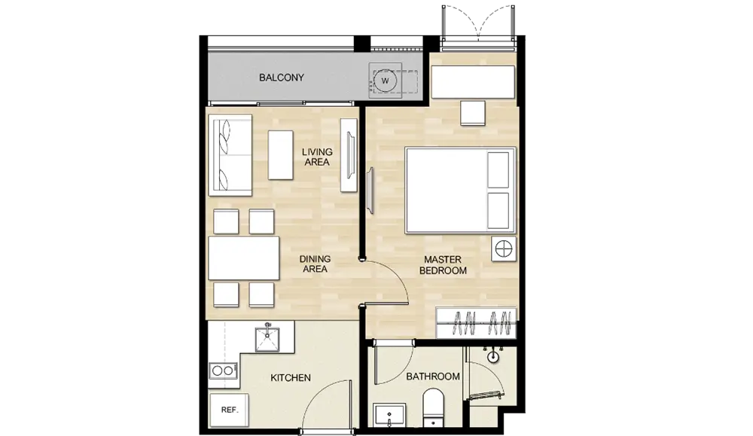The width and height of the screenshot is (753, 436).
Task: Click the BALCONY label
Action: point(282,78)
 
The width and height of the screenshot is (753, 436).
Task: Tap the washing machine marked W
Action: point(385,81)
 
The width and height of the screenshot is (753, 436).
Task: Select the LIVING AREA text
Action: point(317,157)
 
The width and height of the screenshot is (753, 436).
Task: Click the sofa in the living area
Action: point(230,155)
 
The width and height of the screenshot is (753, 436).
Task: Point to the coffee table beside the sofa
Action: point(280,155)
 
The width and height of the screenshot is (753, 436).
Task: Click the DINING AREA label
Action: point(315,264)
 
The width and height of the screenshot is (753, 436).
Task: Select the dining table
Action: point(244,258)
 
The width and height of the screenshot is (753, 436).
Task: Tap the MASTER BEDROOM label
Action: point(443,265)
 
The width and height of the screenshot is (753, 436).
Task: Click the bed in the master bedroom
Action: point(460,191)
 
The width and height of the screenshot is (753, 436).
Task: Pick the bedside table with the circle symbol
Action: point(504,249)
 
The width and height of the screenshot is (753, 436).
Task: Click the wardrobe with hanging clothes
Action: point(476,323)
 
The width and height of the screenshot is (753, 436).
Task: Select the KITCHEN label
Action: point(291,378)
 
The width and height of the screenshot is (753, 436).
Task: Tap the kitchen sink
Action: point(267,339)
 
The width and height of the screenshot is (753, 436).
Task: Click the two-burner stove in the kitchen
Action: point(224,370)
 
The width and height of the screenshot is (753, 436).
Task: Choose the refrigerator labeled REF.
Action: point(229,410)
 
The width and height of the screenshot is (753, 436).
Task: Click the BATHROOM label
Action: point(433,377)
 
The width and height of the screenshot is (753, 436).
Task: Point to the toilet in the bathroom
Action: point(434,407)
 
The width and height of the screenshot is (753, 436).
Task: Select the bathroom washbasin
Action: point(389,415)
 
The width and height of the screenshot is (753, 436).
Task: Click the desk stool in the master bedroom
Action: point(473,113)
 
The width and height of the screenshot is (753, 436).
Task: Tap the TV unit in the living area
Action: point(349,155)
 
